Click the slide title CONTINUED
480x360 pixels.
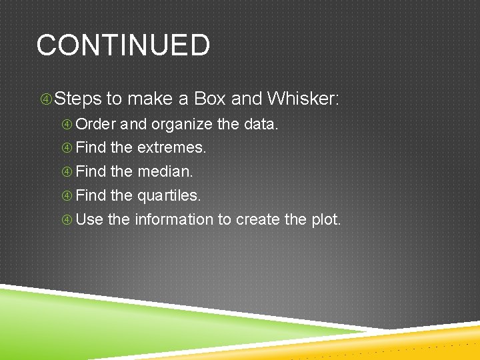pos(123,45)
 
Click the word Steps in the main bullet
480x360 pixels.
pos(78,99)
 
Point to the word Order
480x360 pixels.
pos(96,124)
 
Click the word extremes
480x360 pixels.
pos(171,147)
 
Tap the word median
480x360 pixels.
pos(165,171)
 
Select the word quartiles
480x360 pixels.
pos(168,195)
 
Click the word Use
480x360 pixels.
pos(89,219)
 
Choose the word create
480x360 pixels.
pos(257,219)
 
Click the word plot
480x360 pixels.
pos(325,219)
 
